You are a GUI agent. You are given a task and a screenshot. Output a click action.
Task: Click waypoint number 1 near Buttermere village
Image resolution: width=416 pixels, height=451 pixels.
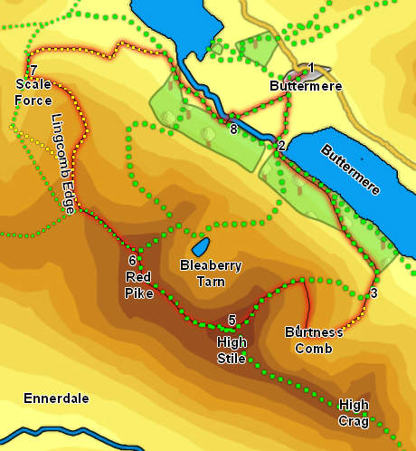coord(310,68)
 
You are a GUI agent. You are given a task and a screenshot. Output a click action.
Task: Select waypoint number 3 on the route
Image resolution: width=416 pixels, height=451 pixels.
coord(373,293)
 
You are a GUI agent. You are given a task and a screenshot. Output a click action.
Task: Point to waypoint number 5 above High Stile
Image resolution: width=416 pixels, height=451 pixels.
coord(232,321)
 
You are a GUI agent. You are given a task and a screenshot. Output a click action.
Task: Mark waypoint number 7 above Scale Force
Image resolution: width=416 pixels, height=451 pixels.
coord(33,71)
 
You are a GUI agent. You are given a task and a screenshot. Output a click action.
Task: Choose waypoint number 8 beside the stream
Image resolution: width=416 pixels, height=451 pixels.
coord(233,130)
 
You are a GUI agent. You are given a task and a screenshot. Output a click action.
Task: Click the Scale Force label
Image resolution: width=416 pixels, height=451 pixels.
coord(33,92)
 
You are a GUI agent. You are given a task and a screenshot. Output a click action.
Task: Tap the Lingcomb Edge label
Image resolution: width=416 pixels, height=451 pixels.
coord(63,163)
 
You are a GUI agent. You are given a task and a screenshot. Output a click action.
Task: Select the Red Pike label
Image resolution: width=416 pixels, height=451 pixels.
coord(137,284)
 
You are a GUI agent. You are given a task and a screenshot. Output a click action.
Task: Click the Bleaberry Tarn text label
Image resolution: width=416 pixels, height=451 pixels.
coord(211,273)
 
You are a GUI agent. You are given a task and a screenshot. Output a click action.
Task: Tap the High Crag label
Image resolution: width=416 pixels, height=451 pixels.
coord(354,412)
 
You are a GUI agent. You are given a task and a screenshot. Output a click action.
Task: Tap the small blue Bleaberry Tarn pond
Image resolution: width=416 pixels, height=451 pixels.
coord(201,245)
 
